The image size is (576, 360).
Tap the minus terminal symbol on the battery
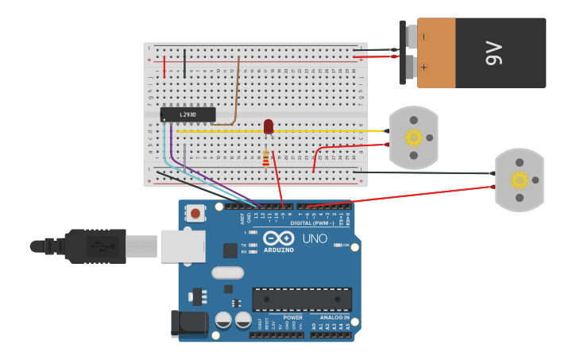(424, 37)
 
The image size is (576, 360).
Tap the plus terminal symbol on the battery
(424, 68)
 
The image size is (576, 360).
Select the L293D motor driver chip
(187, 114)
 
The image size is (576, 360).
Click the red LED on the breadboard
(269, 126)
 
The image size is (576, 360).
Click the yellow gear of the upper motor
(413, 137)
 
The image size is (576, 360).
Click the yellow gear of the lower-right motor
(520, 180)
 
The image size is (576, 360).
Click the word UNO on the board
(315, 238)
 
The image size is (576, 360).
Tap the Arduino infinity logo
(279, 238)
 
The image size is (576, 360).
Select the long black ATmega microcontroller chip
(302, 300)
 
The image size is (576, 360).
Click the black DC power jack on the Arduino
(189, 323)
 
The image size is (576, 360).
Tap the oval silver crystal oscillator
(227, 273)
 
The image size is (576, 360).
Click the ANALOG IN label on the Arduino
(331, 317)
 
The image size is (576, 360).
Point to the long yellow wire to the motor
(334, 130)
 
